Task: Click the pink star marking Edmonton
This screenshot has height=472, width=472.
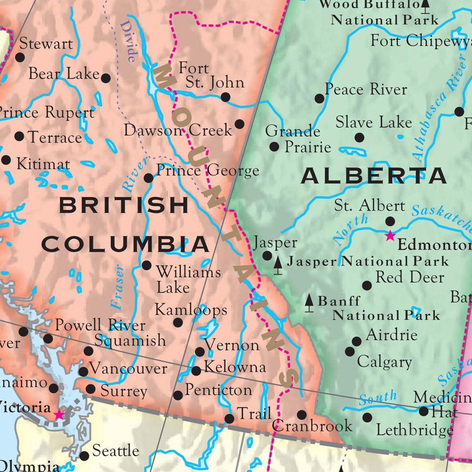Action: click(390, 236)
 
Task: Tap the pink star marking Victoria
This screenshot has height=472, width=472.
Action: click(59, 414)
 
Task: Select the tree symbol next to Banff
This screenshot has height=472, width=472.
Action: click(309, 303)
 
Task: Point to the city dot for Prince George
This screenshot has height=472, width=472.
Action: click(149, 178)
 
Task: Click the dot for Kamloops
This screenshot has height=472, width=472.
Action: click(178, 322)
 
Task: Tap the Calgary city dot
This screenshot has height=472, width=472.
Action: click(350, 351)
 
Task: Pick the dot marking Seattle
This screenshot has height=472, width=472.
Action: click(84, 456)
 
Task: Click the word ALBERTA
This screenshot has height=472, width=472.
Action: click(373, 176)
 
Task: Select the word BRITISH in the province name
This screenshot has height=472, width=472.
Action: click(124, 205)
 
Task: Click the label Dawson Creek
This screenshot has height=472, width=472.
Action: click(178, 130)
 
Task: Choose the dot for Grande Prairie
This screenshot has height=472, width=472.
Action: click(274, 147)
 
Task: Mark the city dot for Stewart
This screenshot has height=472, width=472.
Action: click(20, 58)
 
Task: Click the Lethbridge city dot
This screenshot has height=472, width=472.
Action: click(367, 418)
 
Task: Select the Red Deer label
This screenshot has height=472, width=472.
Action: click(409, 277)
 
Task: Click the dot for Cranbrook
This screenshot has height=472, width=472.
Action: click(302, 414)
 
